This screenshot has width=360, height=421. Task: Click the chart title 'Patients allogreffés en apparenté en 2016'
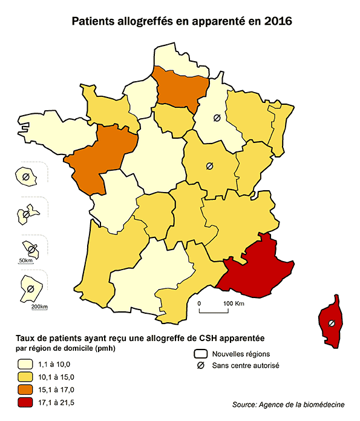click(x=182, y=22)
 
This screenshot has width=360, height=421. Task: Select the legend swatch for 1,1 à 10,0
click(x=25, y=364)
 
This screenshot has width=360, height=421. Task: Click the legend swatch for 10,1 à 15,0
click(x=25, y=377)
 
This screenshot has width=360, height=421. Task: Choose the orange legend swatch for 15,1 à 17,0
click(x=25, y=390)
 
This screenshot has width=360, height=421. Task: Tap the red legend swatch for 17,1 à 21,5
click(x=25, y=402)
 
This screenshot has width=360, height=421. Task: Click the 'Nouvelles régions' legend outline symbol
click(x=200, y=354)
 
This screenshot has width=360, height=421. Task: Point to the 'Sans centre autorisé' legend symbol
click(x=200, y=365)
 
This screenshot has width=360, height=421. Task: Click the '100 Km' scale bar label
click(x=233, y=302)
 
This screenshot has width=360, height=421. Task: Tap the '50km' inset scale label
click(x=25, y=260)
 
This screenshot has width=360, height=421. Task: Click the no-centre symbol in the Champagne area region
click(x=216, y=118)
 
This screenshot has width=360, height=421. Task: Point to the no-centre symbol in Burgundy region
click(x=209, y=165)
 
